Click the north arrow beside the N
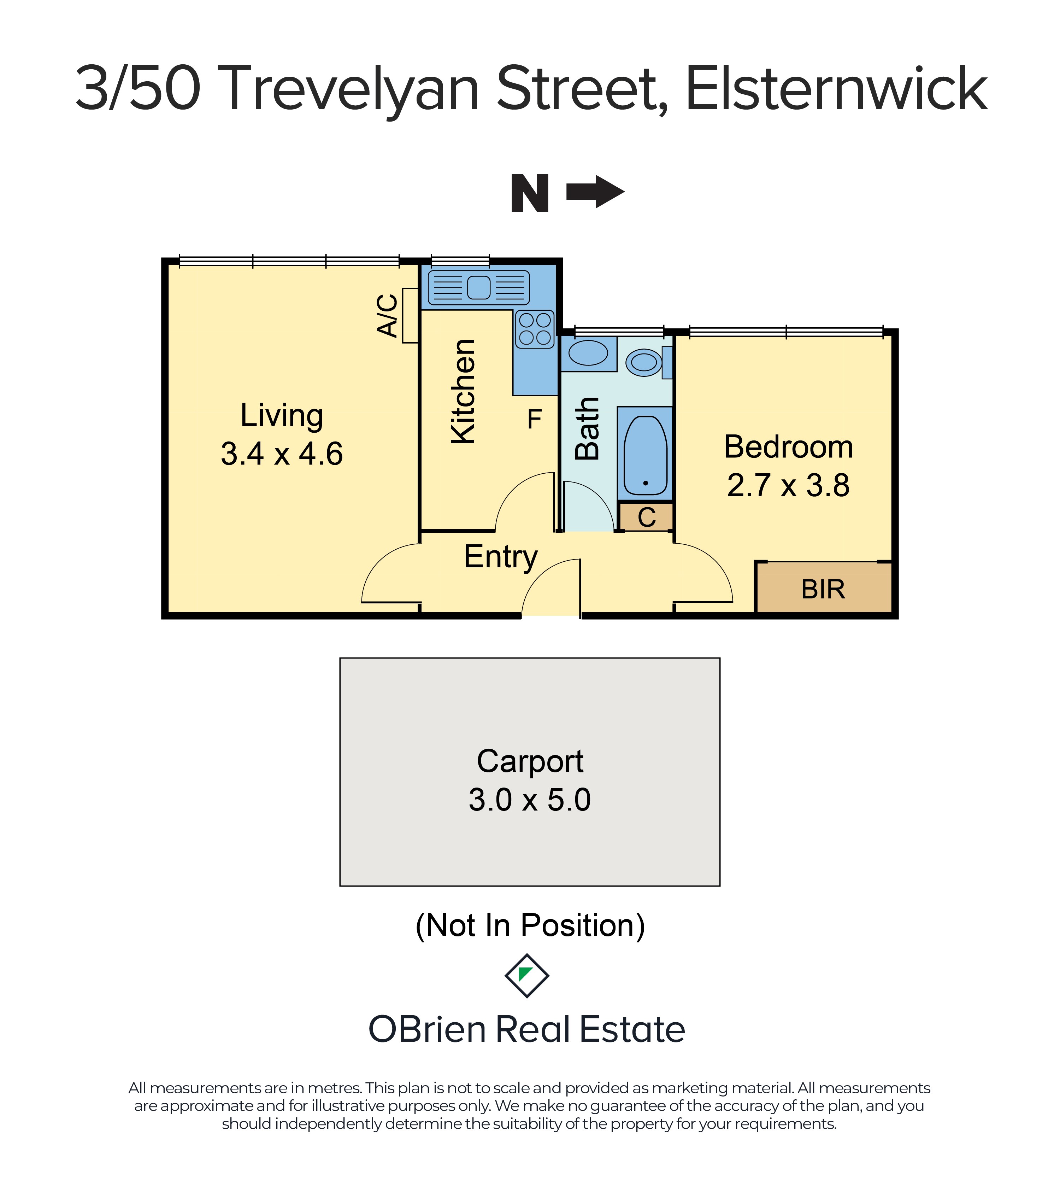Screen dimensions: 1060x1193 coord(596,192)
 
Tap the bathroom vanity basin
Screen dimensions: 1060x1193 coord(588,353)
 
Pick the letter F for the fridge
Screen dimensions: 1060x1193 coord(534,419)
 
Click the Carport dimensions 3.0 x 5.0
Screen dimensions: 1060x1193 coord(530,800)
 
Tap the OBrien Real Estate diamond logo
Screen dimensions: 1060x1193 coord(527,976)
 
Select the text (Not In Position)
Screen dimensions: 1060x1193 coord(530,926)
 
